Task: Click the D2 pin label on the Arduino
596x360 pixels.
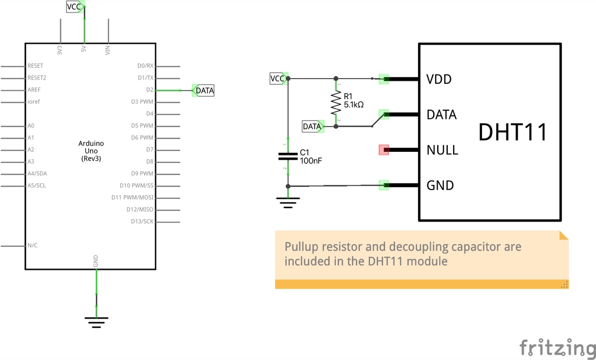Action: point(149,89)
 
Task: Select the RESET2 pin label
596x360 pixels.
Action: point(37,78)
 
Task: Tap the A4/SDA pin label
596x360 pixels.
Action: point(37,174)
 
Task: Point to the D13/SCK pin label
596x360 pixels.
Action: point(142,222)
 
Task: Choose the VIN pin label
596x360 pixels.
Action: point(108,50)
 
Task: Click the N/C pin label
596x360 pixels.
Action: point(33,245)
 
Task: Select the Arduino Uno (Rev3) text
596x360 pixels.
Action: point(91,151)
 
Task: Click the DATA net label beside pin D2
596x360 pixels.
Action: point(204,90)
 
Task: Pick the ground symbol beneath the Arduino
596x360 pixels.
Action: point(96,322)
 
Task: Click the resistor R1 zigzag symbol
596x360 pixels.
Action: point(335,103)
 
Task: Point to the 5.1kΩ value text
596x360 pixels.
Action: point(353,105)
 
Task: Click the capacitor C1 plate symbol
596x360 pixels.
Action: point(288,156)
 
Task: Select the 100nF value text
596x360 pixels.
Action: point(311,161)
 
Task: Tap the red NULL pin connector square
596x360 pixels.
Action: point(384,149)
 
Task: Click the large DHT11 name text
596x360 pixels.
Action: point(513,132)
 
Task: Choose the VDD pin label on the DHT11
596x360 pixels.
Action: point(439,79)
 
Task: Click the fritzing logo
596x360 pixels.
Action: point(557,347)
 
